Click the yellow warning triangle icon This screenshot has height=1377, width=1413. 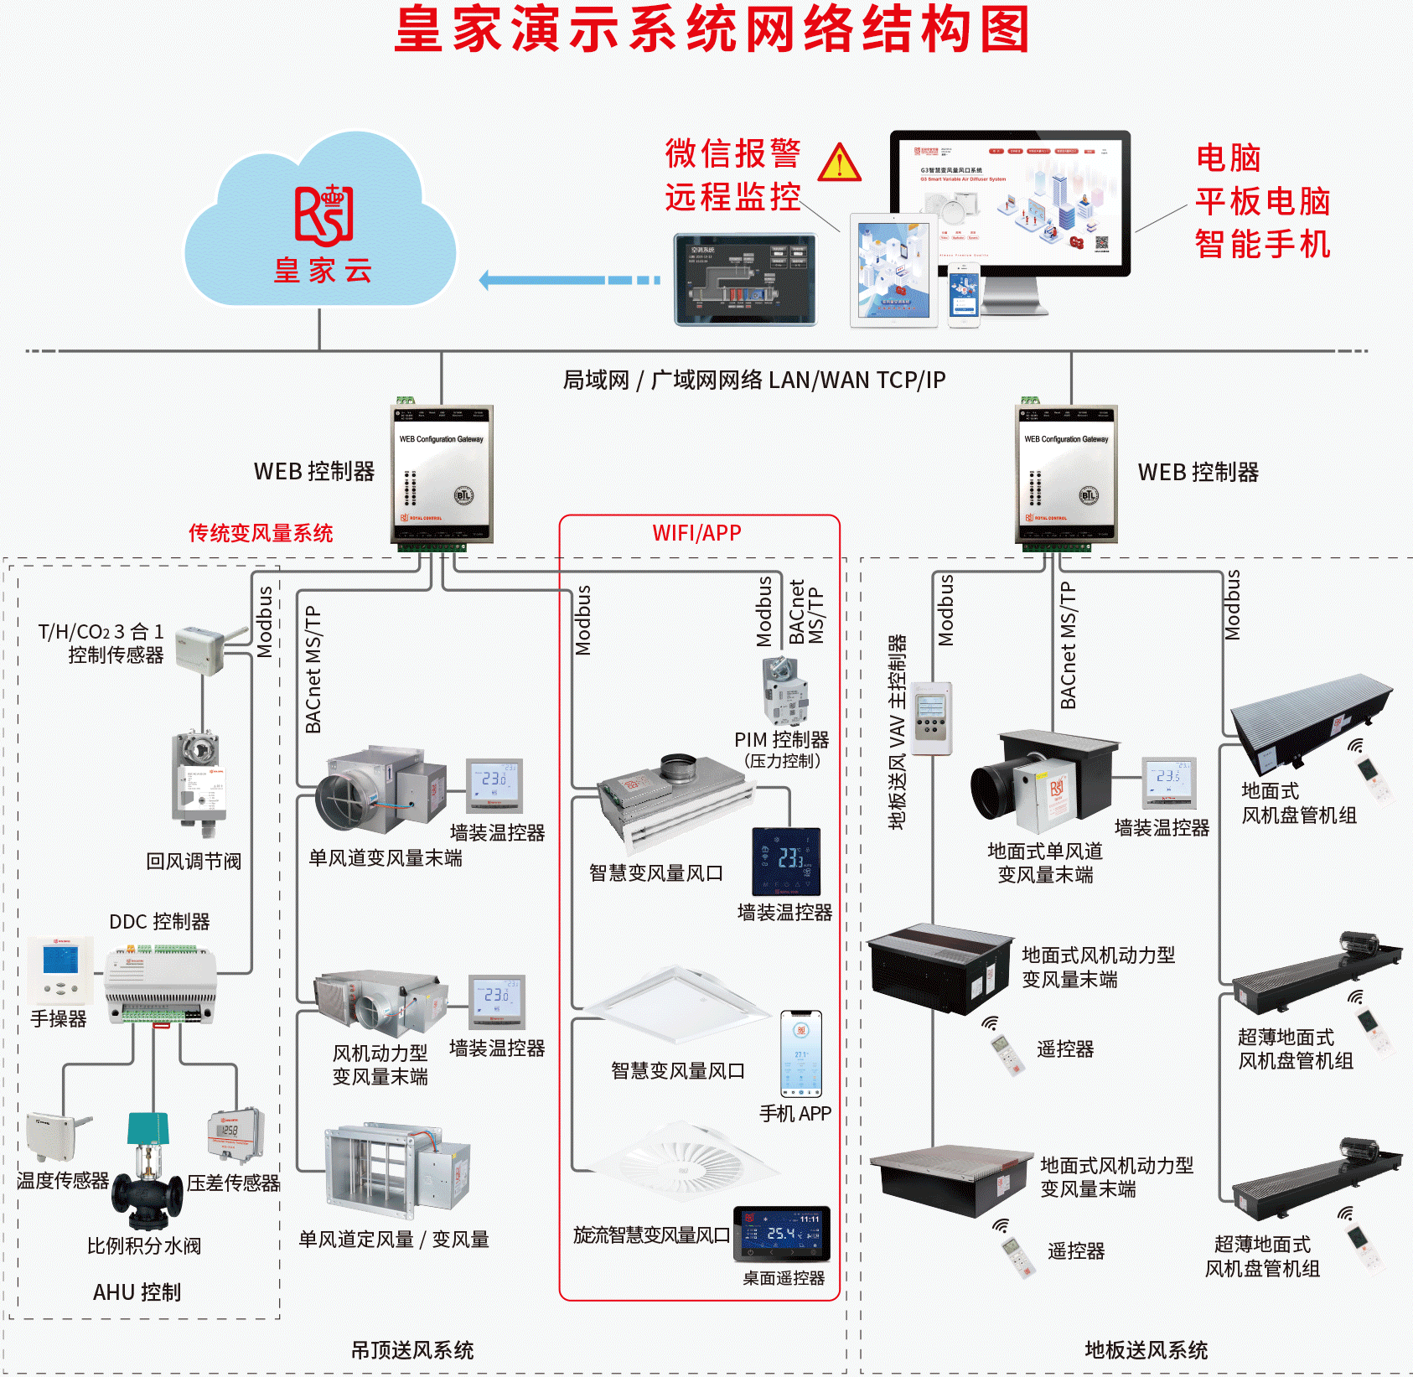(x=839, y=163)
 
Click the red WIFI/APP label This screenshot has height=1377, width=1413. (x=696, y=533)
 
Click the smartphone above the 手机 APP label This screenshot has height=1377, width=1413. (x=801, y=1053)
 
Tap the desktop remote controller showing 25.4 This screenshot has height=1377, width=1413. (x=781, y=1233)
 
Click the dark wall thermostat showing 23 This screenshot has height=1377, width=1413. (x=786, y=862)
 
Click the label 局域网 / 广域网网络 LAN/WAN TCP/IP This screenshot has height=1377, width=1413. (x=753, y=380)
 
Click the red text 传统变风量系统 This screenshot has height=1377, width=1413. (x=261, y=533)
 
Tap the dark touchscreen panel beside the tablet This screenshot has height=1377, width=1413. (x=745, y=279)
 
